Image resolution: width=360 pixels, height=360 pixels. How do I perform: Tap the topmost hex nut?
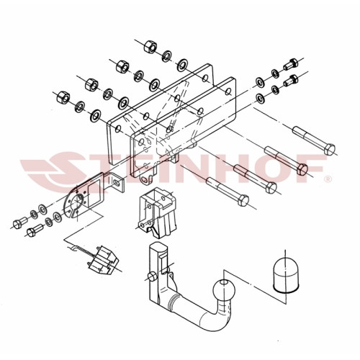[150, 46]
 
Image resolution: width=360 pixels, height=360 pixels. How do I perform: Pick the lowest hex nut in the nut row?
[63, 97]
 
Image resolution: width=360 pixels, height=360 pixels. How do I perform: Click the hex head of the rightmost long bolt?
[329, 149]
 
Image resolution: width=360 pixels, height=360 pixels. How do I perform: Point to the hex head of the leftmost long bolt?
[243, 200]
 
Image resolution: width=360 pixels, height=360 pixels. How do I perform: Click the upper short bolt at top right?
[291, 64]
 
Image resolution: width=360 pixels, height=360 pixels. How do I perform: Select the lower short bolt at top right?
[291, 81]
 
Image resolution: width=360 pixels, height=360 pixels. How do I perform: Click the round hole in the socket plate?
[78, 202]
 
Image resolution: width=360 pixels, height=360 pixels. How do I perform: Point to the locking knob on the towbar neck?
[152, 276]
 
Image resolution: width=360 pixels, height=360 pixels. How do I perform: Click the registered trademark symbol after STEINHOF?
[328, 179]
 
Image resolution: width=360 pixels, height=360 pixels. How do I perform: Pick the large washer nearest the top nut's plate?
[183, 65]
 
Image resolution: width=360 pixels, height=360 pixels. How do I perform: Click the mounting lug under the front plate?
[145, 179]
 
